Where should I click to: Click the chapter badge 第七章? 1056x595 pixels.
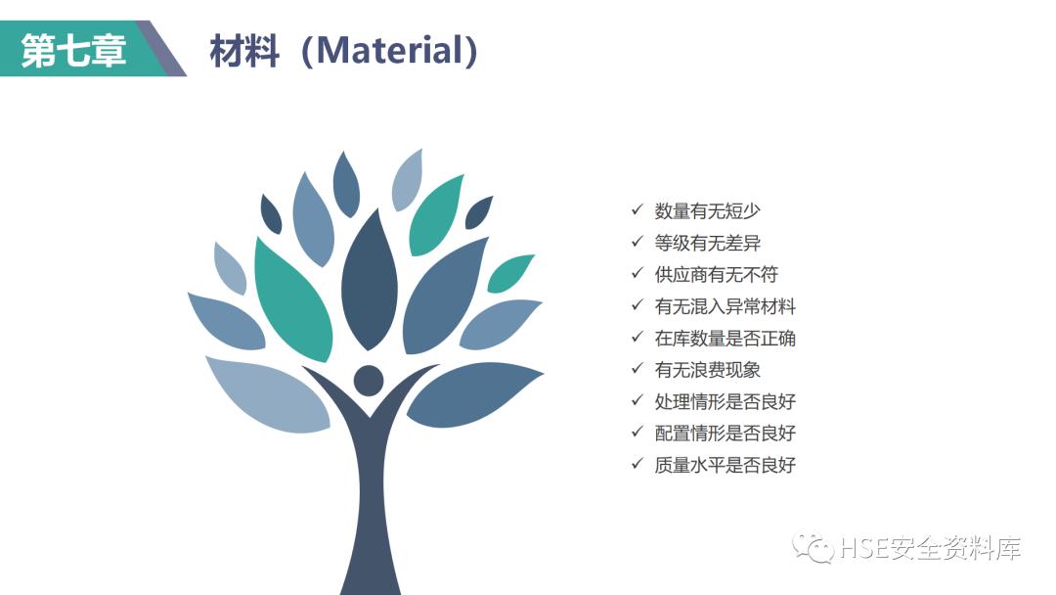[x=74, y=49]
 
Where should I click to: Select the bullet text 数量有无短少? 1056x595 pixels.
[x=707, y=211]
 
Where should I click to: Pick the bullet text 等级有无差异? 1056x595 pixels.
[x=707, y=243]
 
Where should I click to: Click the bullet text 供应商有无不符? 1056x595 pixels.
[x=716, y=275]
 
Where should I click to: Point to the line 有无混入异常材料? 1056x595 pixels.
[x=725, y=306]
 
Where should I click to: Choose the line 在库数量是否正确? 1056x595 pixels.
[x=725, y=339]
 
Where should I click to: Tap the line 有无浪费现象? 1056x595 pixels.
[x=707, y=370]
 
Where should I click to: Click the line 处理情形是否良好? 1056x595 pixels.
[x=725, y=402]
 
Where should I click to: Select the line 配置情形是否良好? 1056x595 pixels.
[x=725, y=434]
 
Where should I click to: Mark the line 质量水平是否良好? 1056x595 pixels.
[x=725, y=466]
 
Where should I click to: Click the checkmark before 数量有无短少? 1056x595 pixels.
[x=637, y=210]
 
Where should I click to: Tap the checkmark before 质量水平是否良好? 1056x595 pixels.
[x=637, y=465]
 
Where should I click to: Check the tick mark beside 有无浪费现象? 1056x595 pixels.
[x=637, y=369]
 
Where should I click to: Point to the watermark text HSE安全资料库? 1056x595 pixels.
[x=930, y=548]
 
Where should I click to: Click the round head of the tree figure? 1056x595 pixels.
[x=369, y=381]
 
